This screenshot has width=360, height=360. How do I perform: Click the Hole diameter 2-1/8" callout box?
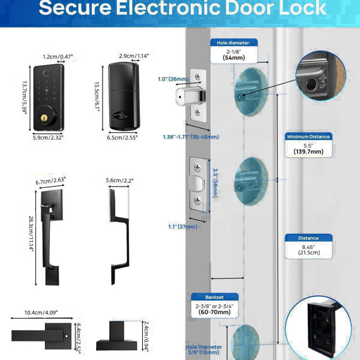[234, 51]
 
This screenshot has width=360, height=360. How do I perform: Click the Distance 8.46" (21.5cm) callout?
[308, 245]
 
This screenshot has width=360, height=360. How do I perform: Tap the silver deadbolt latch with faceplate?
[194, 95]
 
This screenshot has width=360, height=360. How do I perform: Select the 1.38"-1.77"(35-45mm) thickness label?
[190, 137]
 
